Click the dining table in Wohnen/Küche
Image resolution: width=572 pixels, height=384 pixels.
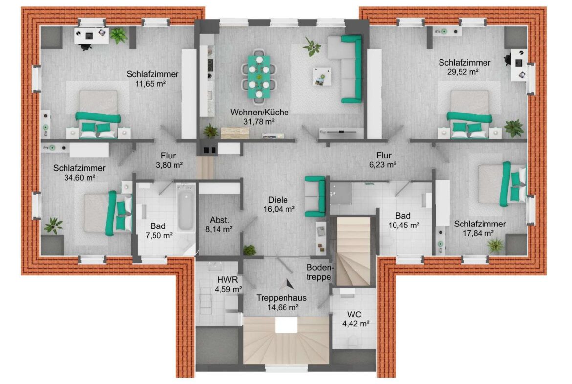pyautogui.click(x=259, y=77)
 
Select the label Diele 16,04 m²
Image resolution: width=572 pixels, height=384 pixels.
pyautogui.click(x=279, y=204)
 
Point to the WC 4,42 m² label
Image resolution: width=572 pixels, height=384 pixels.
pyautogui.click(x=355, y=319)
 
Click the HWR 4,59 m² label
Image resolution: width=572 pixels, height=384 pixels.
pyautogui.click(x=228, y=284)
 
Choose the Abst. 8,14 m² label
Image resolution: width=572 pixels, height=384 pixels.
pyautogui.click(x=219, y=225)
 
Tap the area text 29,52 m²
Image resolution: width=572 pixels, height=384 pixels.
pyautogui.click(x=463, y=72)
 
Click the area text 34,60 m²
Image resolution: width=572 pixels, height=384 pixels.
pyautogui.click(x=80, y=178)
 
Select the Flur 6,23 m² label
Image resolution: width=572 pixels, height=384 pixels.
pyautogui.click(x=383, y=160)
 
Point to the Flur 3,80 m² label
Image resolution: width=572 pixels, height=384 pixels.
pyautogui.click(x=169, y=160)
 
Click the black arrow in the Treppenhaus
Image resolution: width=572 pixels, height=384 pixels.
pyautogui.click(x=289, y=284)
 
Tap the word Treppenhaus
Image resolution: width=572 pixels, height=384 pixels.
pyautogui.click(x=281, y=298)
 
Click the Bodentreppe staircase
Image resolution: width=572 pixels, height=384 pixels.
pyautogui.click(x=353, y=251)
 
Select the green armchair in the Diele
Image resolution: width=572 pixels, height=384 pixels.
pyautogui.click(x=315, y=196)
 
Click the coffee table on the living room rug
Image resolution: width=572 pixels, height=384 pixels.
pyautogui.click(x=322, y=76)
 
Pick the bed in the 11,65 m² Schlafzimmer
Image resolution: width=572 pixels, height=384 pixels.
pyautogui.click(x=98, y=114)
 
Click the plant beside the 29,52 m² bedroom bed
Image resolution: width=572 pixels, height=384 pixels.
pyautogui.click(x=514, y=128)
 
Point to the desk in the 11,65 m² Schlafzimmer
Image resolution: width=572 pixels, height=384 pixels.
pyautogui.click(x=91, y=36)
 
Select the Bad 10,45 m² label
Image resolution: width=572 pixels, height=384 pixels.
pyautogui.click(x=403, y=221)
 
